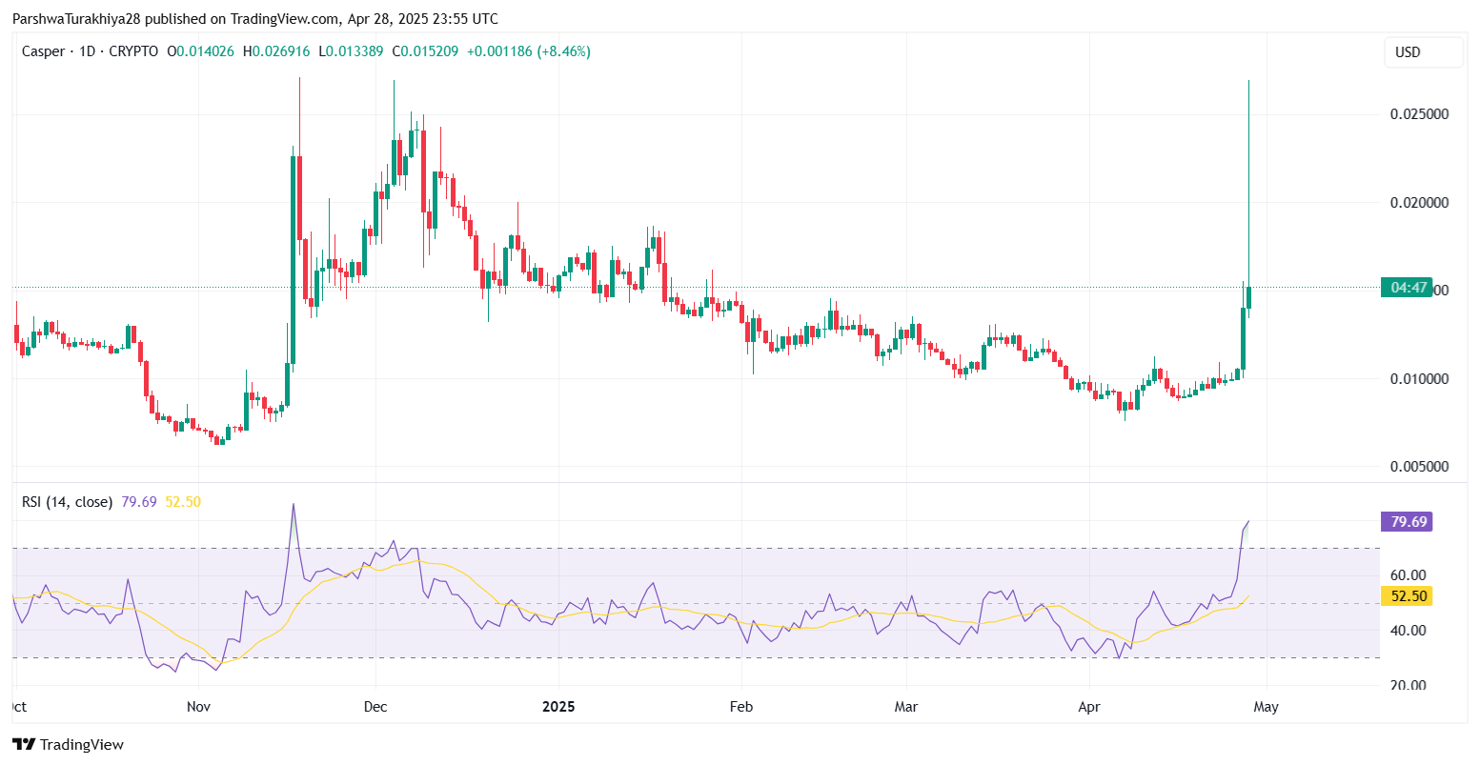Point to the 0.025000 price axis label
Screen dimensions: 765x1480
click(x=1419, y=114)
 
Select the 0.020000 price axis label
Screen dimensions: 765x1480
click(x=1419, y=203)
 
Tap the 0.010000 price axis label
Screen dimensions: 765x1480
click(x=1419, y=379)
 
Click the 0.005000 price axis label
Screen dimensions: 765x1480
click(x=1419, y=467)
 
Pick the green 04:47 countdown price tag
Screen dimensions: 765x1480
click(x=1407, y=288)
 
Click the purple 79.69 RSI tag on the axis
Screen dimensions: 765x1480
click(x=1406, y=522)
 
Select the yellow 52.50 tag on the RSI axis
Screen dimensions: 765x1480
click(x=1406, y=596)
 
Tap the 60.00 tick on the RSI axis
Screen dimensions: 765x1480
click(x=1409, y=575)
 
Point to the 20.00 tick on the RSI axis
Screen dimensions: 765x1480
click(x=1409, y=686)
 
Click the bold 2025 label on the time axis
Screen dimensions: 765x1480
click(x=558, y=707)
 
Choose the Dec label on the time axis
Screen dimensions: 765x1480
click(x=375, y=707)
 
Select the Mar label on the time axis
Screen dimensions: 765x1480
click(x=906, y=707)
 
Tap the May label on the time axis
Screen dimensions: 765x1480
click(x=1266, y=707)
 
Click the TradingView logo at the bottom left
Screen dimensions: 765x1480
click(x=68, y=745)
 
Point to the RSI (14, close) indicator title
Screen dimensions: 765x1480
click(x=67, y=502)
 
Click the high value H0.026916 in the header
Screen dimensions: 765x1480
click(x=276, y=51)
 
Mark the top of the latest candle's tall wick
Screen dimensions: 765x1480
click(x=1248, y=81)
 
